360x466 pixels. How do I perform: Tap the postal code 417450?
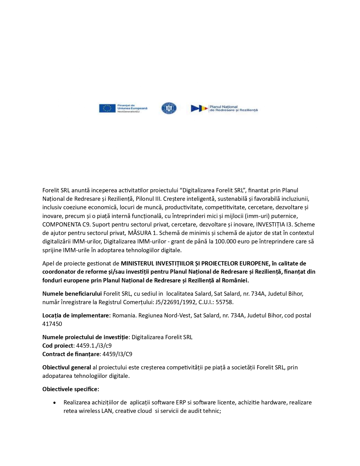pyautogui.click(x=52, y=324)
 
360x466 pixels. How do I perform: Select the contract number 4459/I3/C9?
pyautogui.click(x=117, y=354)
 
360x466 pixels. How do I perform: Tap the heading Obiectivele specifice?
pyautogui.click(x=71, y=389)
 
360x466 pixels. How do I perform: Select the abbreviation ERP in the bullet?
pyautogui.click(x=181, y=402)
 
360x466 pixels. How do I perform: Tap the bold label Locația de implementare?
pyautogui.click(x=76, y=315)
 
